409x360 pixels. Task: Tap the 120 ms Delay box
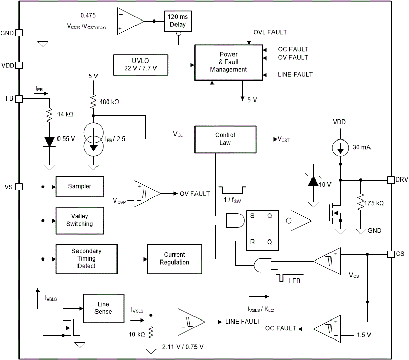tap(177, 21)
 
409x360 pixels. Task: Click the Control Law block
tap(225, 139)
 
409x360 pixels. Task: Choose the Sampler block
tap(80, 187)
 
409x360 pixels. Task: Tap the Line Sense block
tap(103, 308)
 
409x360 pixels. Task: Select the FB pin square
tap(19, 98)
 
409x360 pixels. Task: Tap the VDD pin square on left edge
tap(19, 65)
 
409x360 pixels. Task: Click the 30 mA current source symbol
tap(340, 147)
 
